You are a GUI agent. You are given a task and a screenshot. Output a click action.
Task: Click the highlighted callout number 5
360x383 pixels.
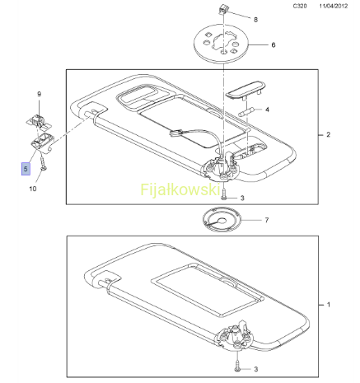(26, 169)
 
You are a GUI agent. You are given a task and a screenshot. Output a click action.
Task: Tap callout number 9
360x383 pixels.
(39, 94)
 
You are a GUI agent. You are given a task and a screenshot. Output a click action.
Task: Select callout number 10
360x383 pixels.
(33, 189)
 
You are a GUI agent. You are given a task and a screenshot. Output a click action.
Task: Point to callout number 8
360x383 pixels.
(255, 20)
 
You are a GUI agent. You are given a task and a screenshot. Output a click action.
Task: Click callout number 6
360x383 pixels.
(274, 44)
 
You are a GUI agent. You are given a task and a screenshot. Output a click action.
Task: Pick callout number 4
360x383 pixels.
(267, 110)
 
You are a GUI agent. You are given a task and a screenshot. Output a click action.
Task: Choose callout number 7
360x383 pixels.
(267, 220)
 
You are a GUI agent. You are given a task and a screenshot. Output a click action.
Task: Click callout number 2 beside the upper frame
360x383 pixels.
(328, 134)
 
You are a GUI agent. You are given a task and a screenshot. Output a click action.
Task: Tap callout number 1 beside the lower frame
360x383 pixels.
(329, 305)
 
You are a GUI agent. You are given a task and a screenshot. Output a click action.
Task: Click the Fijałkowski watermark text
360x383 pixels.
(180, 189)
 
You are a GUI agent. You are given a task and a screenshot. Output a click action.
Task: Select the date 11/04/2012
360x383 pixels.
(333, 6)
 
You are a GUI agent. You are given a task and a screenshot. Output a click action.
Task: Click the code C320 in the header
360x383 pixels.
(300, 6)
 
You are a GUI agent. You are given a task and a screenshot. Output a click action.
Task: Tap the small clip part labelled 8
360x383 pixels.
(224, 9)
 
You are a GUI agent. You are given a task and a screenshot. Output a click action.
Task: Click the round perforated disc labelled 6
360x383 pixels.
(222, 44)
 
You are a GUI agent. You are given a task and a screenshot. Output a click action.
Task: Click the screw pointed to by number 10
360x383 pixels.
(43, 164)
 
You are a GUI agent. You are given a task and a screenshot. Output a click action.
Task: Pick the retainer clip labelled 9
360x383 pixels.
(39, 121)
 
